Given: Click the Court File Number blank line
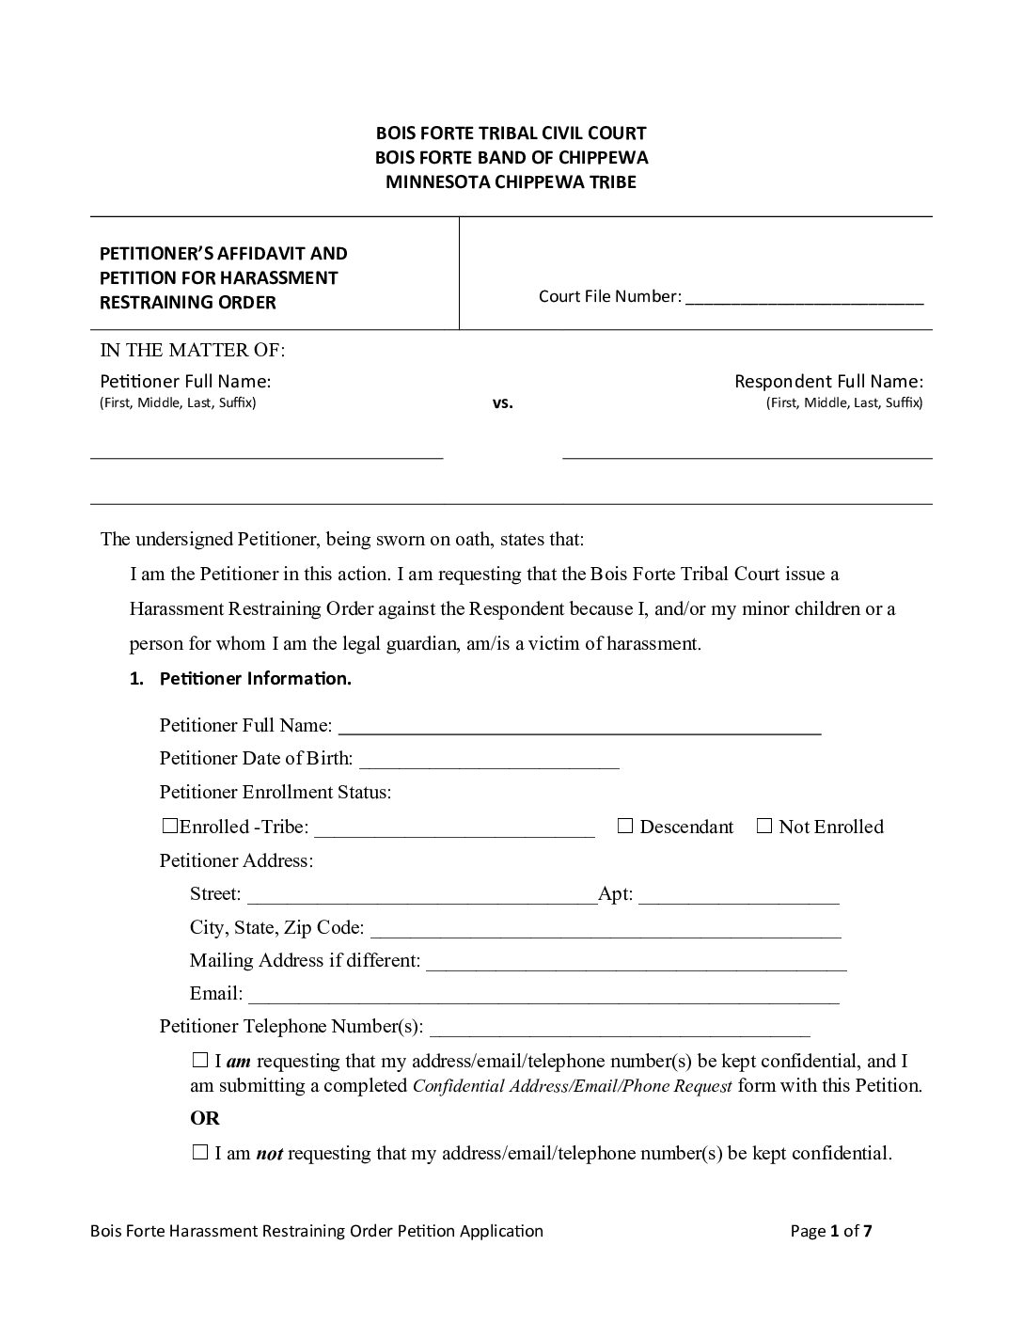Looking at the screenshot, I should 805,298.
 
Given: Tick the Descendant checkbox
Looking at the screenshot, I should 626,827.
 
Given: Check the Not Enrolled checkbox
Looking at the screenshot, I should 764,827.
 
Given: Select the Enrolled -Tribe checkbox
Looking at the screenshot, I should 169,827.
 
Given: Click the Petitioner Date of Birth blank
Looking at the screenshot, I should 488,761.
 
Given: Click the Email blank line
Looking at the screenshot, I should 543,996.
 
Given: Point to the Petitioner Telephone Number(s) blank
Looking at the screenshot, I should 620,1029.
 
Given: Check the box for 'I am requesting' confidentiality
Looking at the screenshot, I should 199,1061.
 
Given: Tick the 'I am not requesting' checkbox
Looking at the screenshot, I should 199,1153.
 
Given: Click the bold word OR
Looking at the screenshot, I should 205,1118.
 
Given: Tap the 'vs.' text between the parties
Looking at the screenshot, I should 503,403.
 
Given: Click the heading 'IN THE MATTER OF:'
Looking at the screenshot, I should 193,351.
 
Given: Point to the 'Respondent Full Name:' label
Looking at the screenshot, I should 828,381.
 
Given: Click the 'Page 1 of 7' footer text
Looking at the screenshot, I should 831,1231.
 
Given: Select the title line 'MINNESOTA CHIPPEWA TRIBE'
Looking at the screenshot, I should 511,181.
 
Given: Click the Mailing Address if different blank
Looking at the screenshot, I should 637,963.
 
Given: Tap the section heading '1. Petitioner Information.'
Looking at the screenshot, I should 241,679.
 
